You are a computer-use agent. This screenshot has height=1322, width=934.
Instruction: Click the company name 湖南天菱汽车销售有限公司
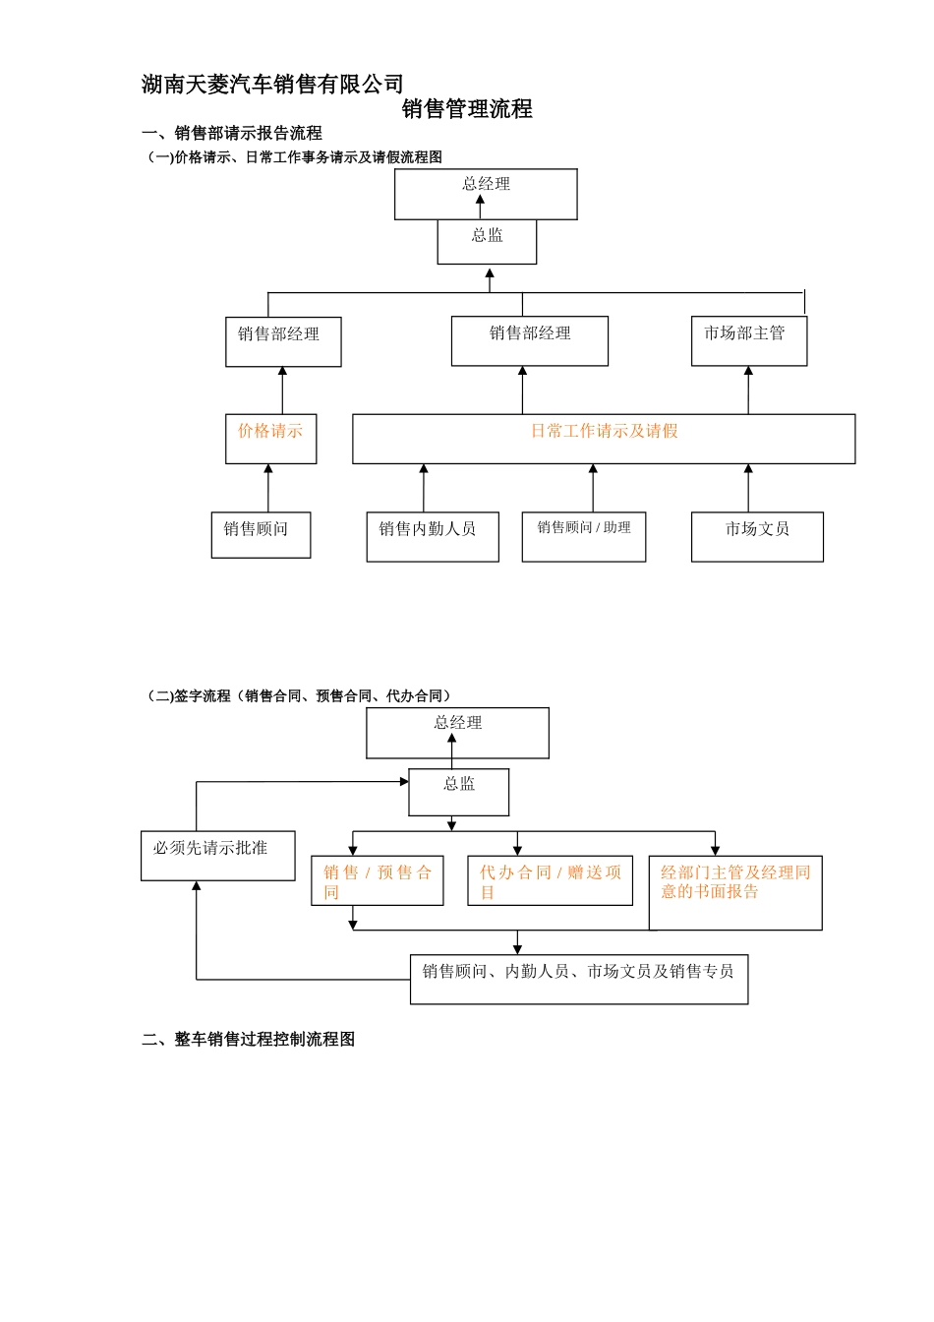pos(272,85)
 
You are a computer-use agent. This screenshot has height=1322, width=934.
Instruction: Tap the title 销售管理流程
pos(467,109)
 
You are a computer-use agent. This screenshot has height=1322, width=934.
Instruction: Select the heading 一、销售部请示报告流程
pos(232,134)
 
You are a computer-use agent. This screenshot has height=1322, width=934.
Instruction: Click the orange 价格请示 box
pos(270,439)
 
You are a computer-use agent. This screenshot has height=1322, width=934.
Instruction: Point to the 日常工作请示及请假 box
pos(604,439)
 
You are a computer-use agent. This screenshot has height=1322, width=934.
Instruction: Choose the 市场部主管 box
pos(748,341)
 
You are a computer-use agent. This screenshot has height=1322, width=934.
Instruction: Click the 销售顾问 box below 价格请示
pos(261,535)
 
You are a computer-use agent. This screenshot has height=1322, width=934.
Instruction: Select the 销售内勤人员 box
pos(433,537)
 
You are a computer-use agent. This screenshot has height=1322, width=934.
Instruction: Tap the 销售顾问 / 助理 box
pos(583,537)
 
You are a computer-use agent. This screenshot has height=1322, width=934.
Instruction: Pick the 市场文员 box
pos(757,537)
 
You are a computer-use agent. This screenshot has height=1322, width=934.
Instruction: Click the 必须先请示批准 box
pos(217,856)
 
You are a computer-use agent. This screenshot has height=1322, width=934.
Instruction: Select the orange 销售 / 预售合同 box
pos(377,881)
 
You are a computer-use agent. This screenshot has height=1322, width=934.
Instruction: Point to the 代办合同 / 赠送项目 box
pos(550,881)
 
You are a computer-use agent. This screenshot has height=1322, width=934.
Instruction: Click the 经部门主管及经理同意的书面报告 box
pos(734,893)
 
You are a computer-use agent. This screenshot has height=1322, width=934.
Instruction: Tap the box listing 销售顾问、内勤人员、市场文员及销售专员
pos(578,979)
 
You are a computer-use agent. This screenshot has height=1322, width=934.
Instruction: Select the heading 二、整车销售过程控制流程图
pos(248,1040)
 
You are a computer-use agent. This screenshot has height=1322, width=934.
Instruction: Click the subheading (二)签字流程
pos(299,696)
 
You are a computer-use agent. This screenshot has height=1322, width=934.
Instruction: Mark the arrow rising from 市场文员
pos(748,488)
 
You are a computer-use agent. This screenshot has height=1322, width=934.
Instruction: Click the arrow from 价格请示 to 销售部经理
pos(282,391)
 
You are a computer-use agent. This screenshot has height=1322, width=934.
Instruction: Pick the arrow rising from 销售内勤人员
pos(424,488)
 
